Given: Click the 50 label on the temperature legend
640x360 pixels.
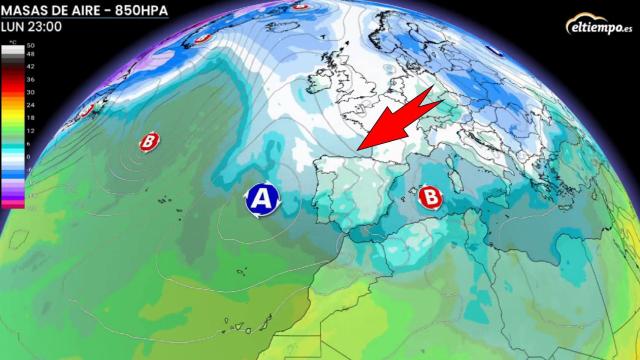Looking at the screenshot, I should pyautogui.click(x=30, y=47).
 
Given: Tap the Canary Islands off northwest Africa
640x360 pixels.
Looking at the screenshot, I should pyautogui.click(x=233, y=325).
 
